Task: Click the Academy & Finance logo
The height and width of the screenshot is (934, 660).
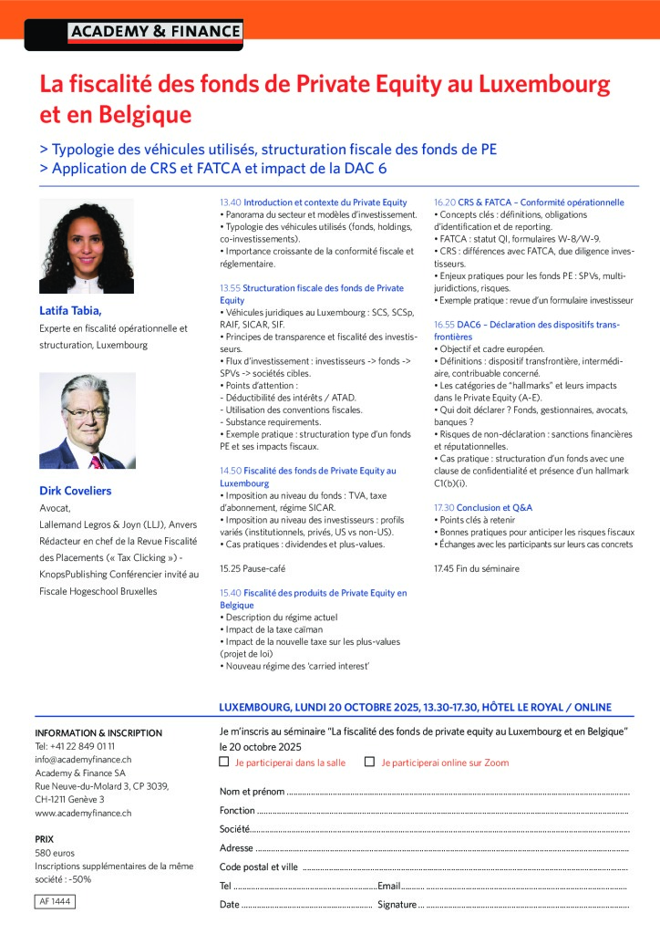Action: [155, 32]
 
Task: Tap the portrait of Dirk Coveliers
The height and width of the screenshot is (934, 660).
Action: [86, 421]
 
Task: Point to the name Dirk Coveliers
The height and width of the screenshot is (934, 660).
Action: [76, 491]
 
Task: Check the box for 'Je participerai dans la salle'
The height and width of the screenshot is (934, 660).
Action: [224, 762]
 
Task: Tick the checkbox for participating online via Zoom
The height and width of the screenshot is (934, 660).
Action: [369, 762]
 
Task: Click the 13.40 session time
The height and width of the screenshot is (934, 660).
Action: [230, 202]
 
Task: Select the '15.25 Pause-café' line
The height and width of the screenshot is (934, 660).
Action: [253, 568]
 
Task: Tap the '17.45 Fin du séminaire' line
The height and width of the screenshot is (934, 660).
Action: [477, 568]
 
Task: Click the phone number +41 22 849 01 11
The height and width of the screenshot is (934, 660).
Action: [75, 746]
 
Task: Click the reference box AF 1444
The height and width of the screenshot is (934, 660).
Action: [55, 901]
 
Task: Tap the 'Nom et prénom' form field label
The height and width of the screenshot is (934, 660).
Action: [252, 792]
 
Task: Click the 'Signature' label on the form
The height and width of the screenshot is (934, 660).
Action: [397, 905]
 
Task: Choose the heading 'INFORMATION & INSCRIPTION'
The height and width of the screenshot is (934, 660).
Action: [98, 732]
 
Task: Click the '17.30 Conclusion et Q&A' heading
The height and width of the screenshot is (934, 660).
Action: [483, 507]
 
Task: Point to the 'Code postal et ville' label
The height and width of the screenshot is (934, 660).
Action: [259, 867]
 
